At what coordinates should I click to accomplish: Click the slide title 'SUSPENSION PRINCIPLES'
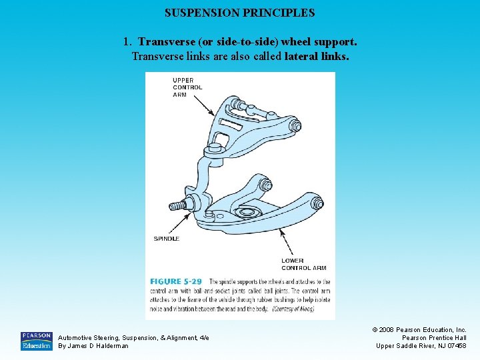239,13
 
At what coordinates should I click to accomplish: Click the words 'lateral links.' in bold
316,57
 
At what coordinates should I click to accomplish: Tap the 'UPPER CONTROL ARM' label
187,87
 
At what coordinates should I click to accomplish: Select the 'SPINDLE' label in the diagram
166,239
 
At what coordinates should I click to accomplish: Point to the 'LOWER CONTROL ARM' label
304,264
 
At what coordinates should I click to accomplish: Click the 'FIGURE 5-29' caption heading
176,282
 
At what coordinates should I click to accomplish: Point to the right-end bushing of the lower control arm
316,203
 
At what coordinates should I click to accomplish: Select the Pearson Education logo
36,341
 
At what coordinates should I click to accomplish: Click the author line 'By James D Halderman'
93,345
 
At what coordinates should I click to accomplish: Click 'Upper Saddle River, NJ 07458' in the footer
421,345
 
